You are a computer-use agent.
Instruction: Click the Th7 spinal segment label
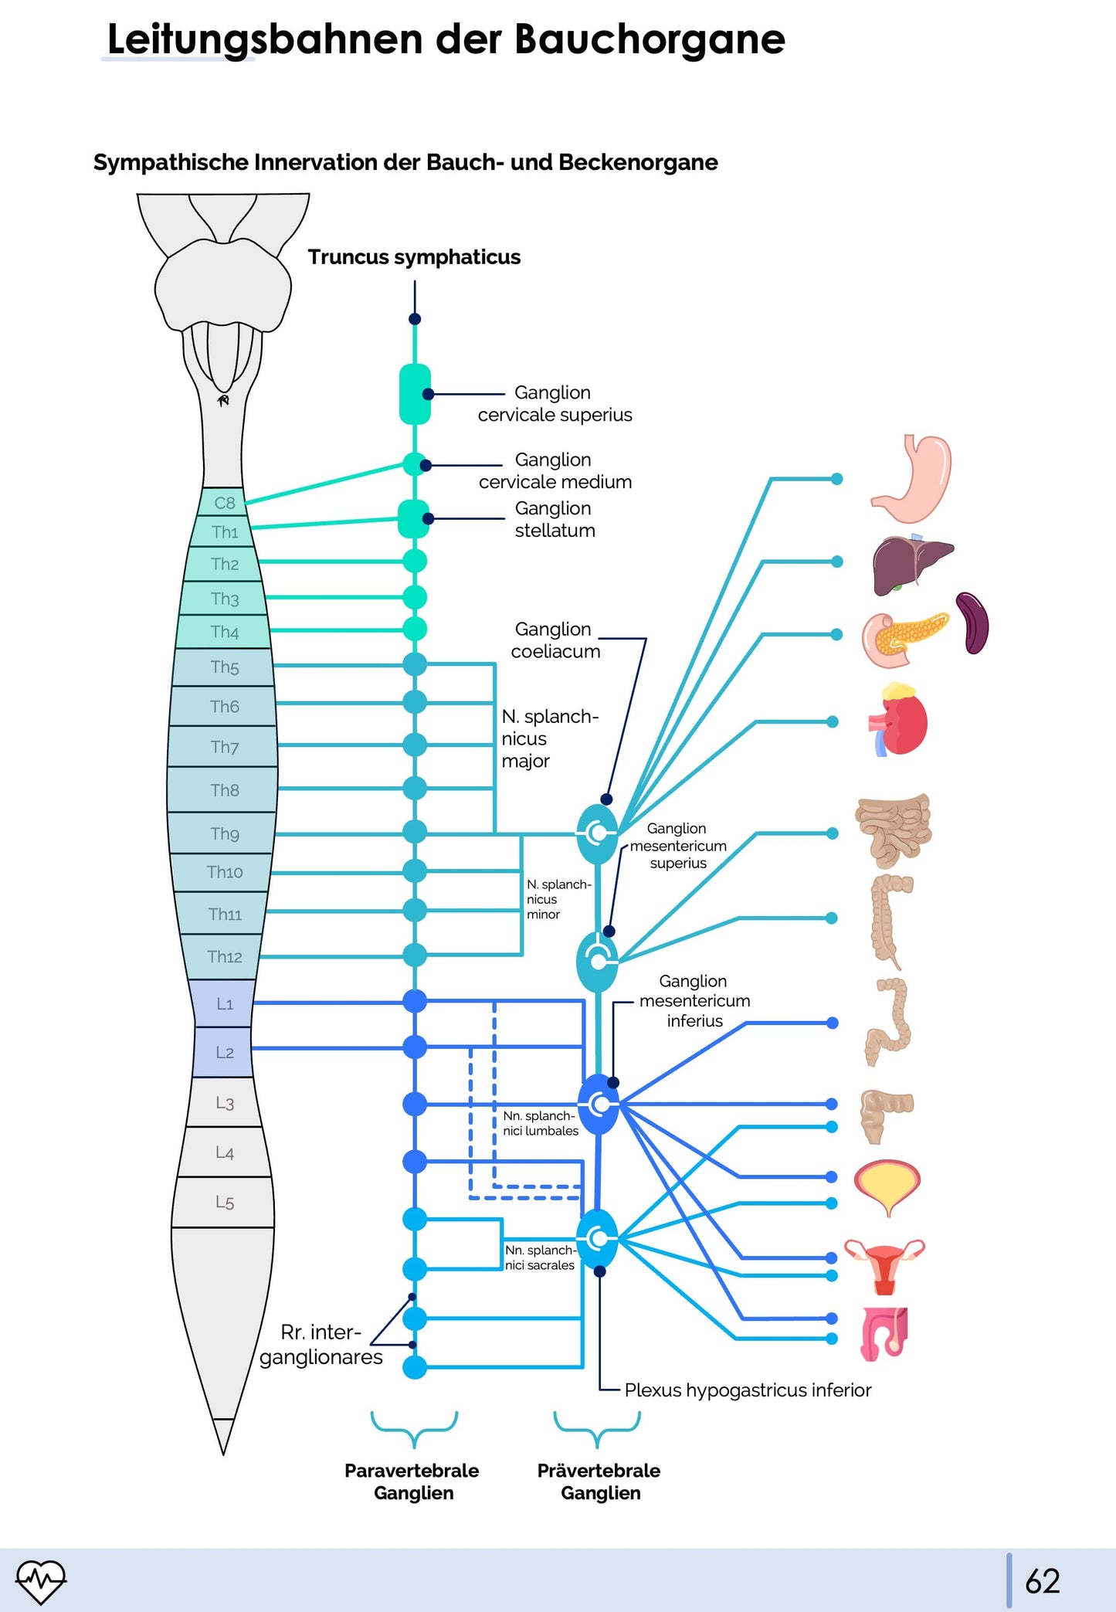pyautogui.click(x=224, y=747)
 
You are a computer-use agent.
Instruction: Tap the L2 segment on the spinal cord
pyautogui.click(x=224, y=1052)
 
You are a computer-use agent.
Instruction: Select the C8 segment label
pyautogui.click(x=224, y=503)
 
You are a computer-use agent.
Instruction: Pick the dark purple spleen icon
pyautogui.click(x=972, y=623)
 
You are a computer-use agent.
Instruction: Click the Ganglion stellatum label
pyautogui.click(x=555, y=519)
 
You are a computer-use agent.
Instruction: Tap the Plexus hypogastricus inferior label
pyautogui.click(x=747, y=1390)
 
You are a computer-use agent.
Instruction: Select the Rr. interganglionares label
pyautogui.click(x=321, y=1345)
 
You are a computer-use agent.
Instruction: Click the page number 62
pyautogui.click(x=1042, y=1581)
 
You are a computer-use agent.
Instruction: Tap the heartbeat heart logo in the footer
pyautogui.click(x=41, y=1580)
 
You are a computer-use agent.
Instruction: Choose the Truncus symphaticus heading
pyautogui.click(x=414, y=256)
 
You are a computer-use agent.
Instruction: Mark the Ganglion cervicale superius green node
pyautogui.click(x=415, y=395)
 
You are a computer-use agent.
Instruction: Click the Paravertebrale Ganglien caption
pyautogui.click(x=412, y=1481)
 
